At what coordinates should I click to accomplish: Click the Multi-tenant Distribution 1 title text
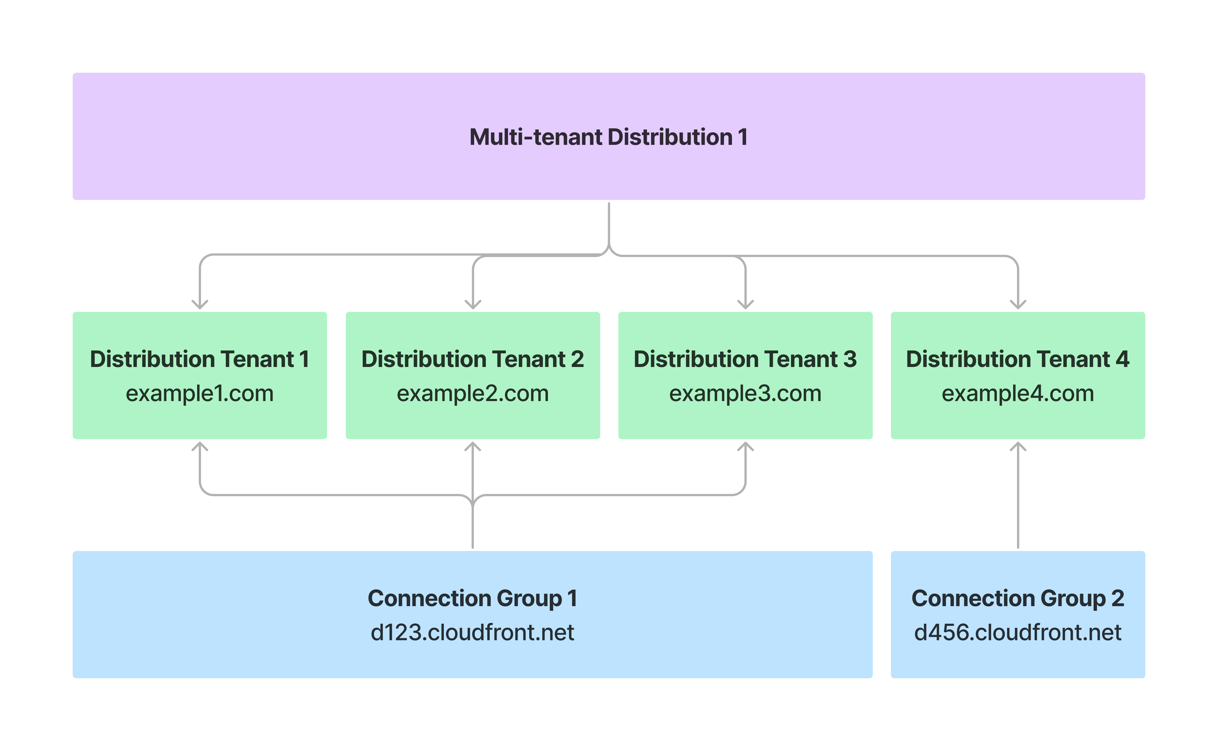[x=608, y=137]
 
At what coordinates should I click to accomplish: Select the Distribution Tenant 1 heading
[x=200, y=359]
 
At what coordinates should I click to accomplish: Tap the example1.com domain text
[x=200, y=393]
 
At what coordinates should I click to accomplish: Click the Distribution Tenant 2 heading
[x=472, y=359]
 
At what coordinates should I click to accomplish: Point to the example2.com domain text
[x=472, y=393]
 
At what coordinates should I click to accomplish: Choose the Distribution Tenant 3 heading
[x=745, y=359]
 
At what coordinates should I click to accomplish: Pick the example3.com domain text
[x=745, y=393]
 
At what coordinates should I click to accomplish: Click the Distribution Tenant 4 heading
[x=1018, y=359]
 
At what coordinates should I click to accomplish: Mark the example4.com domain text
[x=1018, y=393]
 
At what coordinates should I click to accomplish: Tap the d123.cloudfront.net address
[x=472, y=632]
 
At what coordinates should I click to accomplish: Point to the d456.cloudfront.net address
[x=1018, y=632]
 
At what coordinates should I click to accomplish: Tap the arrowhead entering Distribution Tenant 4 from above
[x=1018, y=304]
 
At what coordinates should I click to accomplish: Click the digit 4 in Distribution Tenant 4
[x=1122, y=359]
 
